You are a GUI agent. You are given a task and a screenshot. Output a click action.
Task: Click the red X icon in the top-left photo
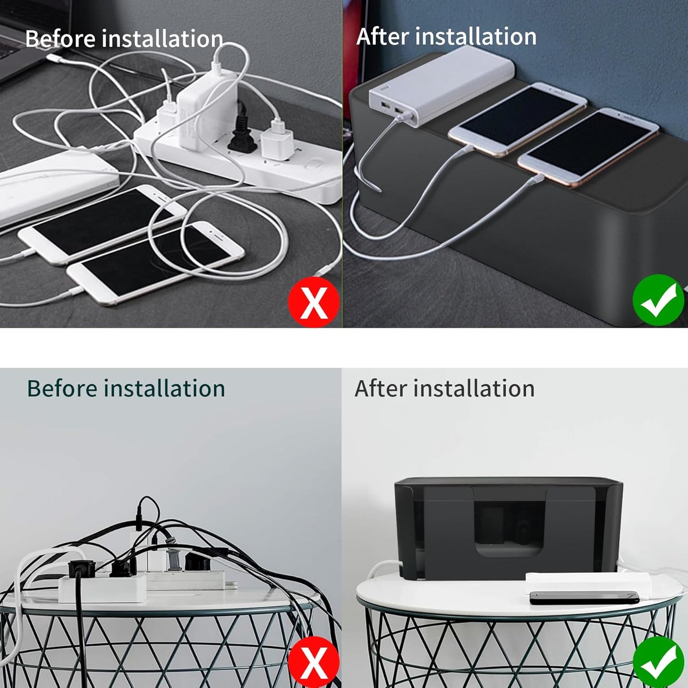(313, 302)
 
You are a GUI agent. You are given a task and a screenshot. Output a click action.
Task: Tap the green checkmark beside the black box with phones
(658, 300)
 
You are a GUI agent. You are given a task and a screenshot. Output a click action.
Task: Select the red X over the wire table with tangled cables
(313, 662)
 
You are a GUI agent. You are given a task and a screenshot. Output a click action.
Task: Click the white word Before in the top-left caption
(60, 39)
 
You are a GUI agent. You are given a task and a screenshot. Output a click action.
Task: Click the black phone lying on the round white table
(584, 597)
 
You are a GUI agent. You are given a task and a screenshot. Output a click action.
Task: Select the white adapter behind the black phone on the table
(588, 582)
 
